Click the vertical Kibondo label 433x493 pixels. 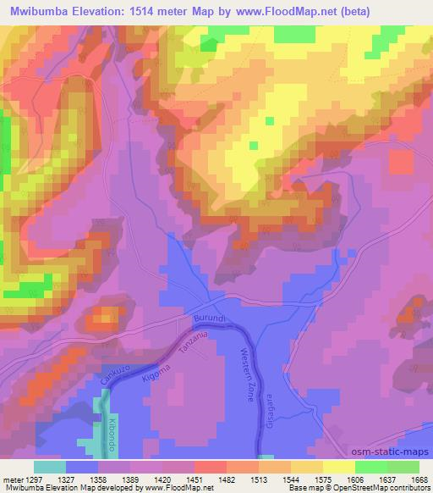click(x=111, y=430)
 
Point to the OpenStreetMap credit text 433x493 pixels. click(x=396, y=488)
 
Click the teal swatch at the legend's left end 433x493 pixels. click(x=50, y=466)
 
